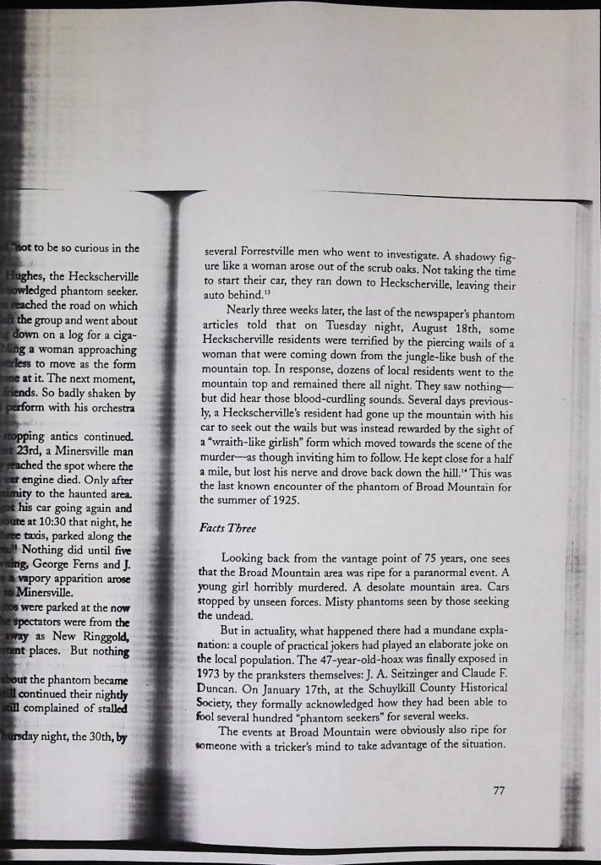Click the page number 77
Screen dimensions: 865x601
tap(498, 791)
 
